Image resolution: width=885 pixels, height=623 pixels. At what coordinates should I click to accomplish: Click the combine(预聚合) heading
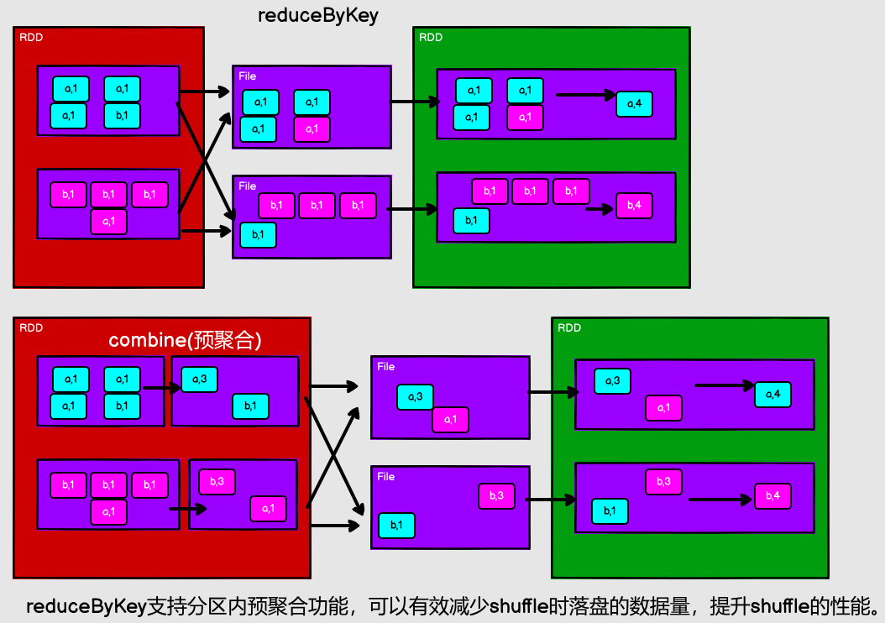(x=186, y=340)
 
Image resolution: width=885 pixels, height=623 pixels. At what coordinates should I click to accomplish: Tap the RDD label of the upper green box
(x=431, y=38)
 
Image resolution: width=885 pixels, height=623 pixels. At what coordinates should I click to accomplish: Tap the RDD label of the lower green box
(x=569, y=327)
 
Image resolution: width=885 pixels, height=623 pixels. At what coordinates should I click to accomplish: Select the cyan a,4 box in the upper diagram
(x=634, y=104)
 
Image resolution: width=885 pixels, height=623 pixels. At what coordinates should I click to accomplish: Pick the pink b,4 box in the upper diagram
(x=634, y=206)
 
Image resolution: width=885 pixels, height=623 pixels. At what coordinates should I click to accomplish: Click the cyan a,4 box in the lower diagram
(x=772, y=394)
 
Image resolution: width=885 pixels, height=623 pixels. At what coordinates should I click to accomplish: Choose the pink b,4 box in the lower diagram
(x=772, y=496)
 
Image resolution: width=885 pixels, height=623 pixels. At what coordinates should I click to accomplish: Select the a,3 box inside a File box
(x=415, y=397)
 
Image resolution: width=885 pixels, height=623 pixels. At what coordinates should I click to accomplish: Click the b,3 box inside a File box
(x=496, y=496)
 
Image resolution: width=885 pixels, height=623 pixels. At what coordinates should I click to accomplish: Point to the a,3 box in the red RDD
(x=199, y=380)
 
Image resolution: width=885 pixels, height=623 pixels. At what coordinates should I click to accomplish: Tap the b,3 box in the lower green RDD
(x=663, y=481)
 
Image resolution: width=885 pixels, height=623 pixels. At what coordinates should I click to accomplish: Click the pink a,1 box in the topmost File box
(x=312, y=129)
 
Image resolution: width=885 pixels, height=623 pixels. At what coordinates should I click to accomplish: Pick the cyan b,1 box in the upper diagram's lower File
(x=258, y=235)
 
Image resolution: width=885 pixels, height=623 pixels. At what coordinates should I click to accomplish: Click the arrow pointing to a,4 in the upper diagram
(x=586, y=95)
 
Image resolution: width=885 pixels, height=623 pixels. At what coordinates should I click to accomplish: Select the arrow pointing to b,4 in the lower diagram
(x=720, y=500)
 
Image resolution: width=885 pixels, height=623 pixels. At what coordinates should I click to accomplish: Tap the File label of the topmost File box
(x=247, y=76)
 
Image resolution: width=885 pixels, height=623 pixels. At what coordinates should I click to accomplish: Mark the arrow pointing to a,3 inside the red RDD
(x=161, y=388)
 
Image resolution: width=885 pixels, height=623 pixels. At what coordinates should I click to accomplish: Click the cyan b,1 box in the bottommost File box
(x=396, y=526)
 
